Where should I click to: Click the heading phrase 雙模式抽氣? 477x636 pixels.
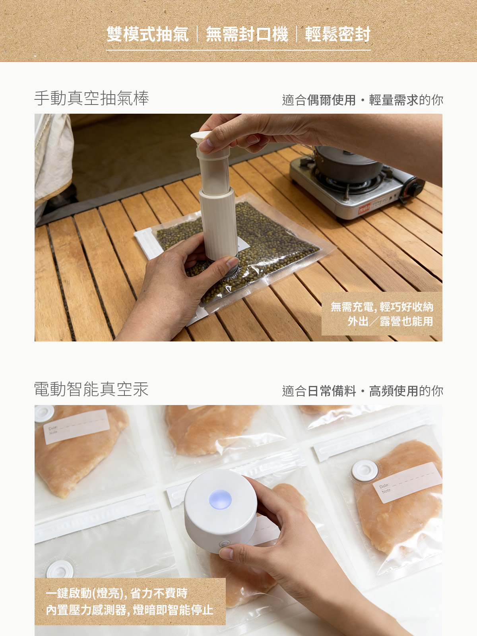click(147, 34)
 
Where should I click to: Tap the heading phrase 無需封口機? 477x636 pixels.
click(246, 34)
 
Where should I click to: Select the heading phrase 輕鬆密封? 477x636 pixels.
click(338, 34)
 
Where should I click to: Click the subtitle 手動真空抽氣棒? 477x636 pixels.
click(91, 98)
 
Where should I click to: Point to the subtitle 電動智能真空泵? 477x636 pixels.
click(91, 389)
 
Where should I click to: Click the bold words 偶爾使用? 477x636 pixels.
click(331, 100)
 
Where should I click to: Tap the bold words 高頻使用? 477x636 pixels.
click(394, 391)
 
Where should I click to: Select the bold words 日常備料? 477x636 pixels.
click(331, 391)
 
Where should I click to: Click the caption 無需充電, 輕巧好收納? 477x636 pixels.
click(382, 307)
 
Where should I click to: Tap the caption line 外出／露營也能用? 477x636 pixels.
click(390, 321)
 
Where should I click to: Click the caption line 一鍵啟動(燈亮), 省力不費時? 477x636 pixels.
click(116, 593)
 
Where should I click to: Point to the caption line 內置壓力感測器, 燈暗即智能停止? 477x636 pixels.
click(130, 610)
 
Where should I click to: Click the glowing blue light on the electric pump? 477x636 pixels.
click(220, 500)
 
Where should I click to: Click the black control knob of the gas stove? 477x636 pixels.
click(413, 189)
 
